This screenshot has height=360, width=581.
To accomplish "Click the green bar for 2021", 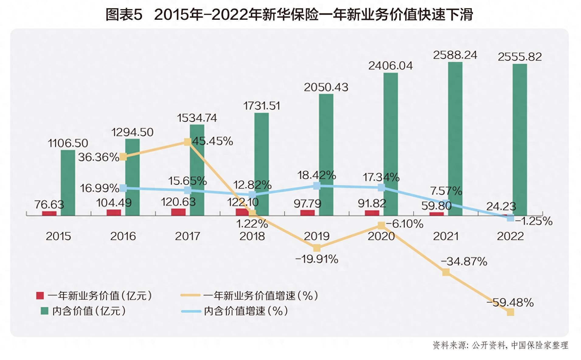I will [x=455, y=139].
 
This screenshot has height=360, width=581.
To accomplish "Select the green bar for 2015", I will [x=68, y=183].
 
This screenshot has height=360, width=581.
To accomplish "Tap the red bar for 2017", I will [x=178, y=212].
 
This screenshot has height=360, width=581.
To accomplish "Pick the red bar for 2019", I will [x=307, y=213].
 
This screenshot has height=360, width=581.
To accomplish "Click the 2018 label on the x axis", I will [x=252, y=236].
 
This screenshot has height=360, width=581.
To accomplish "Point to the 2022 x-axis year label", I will [x=510, y=236].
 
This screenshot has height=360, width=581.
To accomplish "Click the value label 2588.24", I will [x=455, y=55].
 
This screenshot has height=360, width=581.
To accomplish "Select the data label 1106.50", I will [x=68, y=143].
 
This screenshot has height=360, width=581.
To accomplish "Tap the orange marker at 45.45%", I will [x=188, y=142].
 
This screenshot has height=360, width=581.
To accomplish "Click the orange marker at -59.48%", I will [x=510, y=312].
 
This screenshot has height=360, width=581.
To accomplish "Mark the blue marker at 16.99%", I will [x=123, y=188].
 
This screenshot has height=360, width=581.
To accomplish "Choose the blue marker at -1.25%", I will [x=510, y=218].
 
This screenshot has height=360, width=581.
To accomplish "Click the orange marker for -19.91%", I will [x=317, y=248].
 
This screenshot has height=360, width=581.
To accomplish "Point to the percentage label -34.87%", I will [x=464, y=261].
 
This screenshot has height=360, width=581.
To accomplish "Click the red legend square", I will [x=40, y=296].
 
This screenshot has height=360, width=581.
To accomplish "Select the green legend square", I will [x=44, y=311].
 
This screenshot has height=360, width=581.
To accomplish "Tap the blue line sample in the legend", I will [x=191, y=311].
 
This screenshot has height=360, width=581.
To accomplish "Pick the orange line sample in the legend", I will [x=190, y=295].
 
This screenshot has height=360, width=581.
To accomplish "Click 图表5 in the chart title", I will [x=124, y=14].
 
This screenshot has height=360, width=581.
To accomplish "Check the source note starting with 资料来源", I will [x=500, y=345].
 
